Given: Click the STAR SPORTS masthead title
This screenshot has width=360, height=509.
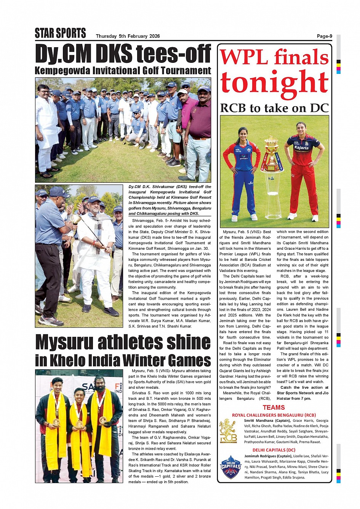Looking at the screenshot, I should point(60,34).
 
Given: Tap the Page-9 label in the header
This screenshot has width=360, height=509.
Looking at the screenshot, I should point(324,36).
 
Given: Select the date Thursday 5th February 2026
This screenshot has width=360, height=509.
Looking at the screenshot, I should point(128,37).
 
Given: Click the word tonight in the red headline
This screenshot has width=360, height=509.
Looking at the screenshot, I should point(274,82).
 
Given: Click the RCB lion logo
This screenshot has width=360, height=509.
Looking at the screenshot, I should point(228,431).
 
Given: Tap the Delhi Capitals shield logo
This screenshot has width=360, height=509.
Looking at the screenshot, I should point(230,467).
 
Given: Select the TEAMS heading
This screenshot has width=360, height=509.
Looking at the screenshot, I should point(274,407).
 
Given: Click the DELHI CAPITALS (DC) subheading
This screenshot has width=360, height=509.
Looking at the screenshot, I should point(274,450).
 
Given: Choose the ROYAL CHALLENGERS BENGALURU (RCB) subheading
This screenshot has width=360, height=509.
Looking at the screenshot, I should point(274,415).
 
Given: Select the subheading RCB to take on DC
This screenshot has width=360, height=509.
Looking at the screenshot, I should point(274,108).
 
